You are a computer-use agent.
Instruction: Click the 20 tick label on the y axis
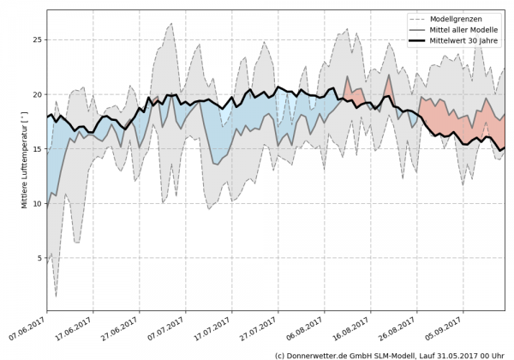coord(37,94)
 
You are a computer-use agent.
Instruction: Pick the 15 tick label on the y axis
coord(37,148)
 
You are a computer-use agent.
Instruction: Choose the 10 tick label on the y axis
coord(37,203)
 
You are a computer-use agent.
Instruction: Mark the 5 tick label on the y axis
coord(39,258)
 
